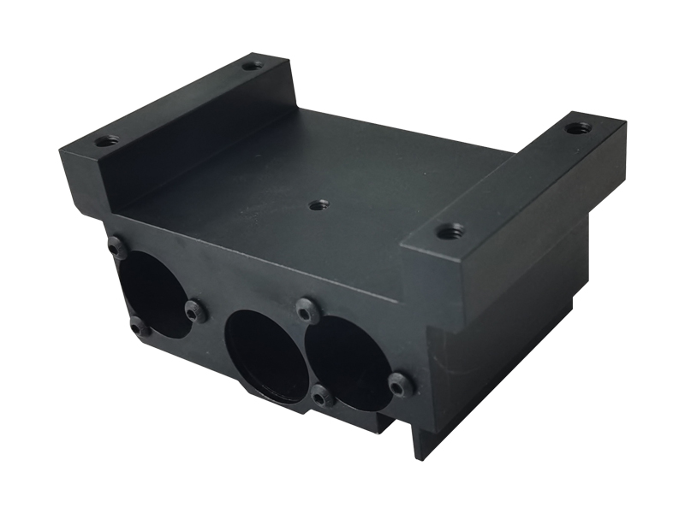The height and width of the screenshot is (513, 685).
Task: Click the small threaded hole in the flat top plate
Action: point(319,203)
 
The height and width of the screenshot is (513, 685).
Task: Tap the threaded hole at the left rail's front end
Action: point(105,140)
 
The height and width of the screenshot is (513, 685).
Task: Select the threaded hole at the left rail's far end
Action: point(252,65)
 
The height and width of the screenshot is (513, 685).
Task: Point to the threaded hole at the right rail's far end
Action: point(578,128)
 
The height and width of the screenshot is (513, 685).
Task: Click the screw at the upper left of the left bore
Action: point(118,248)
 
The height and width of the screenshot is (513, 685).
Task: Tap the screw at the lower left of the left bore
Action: point(140,327)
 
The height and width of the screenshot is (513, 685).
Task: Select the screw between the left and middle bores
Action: point(196,312)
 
